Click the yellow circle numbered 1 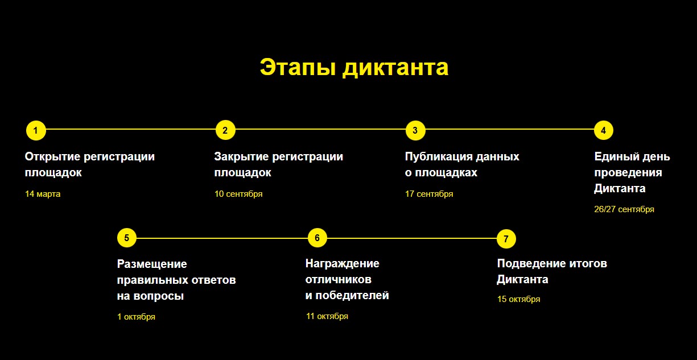point(36,130)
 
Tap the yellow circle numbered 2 point(225,130)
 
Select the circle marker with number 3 point(415,130)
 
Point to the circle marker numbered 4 point(603,130)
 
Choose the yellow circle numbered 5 point(127,238)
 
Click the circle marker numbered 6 point(317,238)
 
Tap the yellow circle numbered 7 point(506,239)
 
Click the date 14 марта point(43,194)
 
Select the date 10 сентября point(238,194)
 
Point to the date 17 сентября point(429,194)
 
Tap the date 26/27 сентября point(624,209)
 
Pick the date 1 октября point(136,317)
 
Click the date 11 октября point(327,316)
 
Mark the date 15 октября point(519,299)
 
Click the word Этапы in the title point(298,67)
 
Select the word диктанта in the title point(396,68)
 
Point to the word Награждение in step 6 point(343,264)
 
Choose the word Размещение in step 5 point(152,264)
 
